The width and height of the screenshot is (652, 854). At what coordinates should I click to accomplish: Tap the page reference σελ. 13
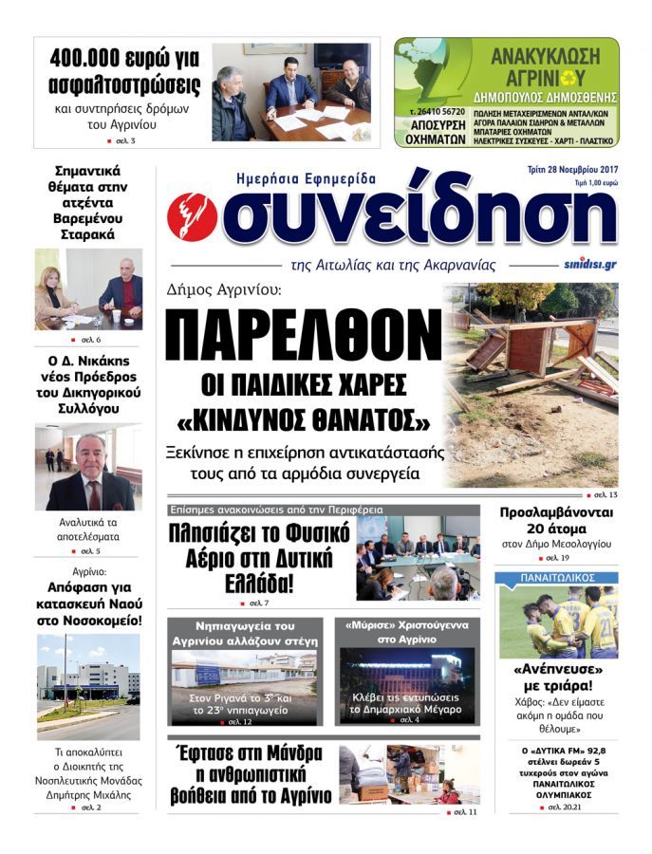click(605, 495)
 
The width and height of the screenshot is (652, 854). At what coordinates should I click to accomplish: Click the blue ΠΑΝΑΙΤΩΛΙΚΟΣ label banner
click(556, 577)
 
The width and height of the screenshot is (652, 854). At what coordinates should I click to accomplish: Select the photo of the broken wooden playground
click(531, 383)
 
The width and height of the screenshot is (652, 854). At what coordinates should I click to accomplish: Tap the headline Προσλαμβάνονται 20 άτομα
click(556, 521)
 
